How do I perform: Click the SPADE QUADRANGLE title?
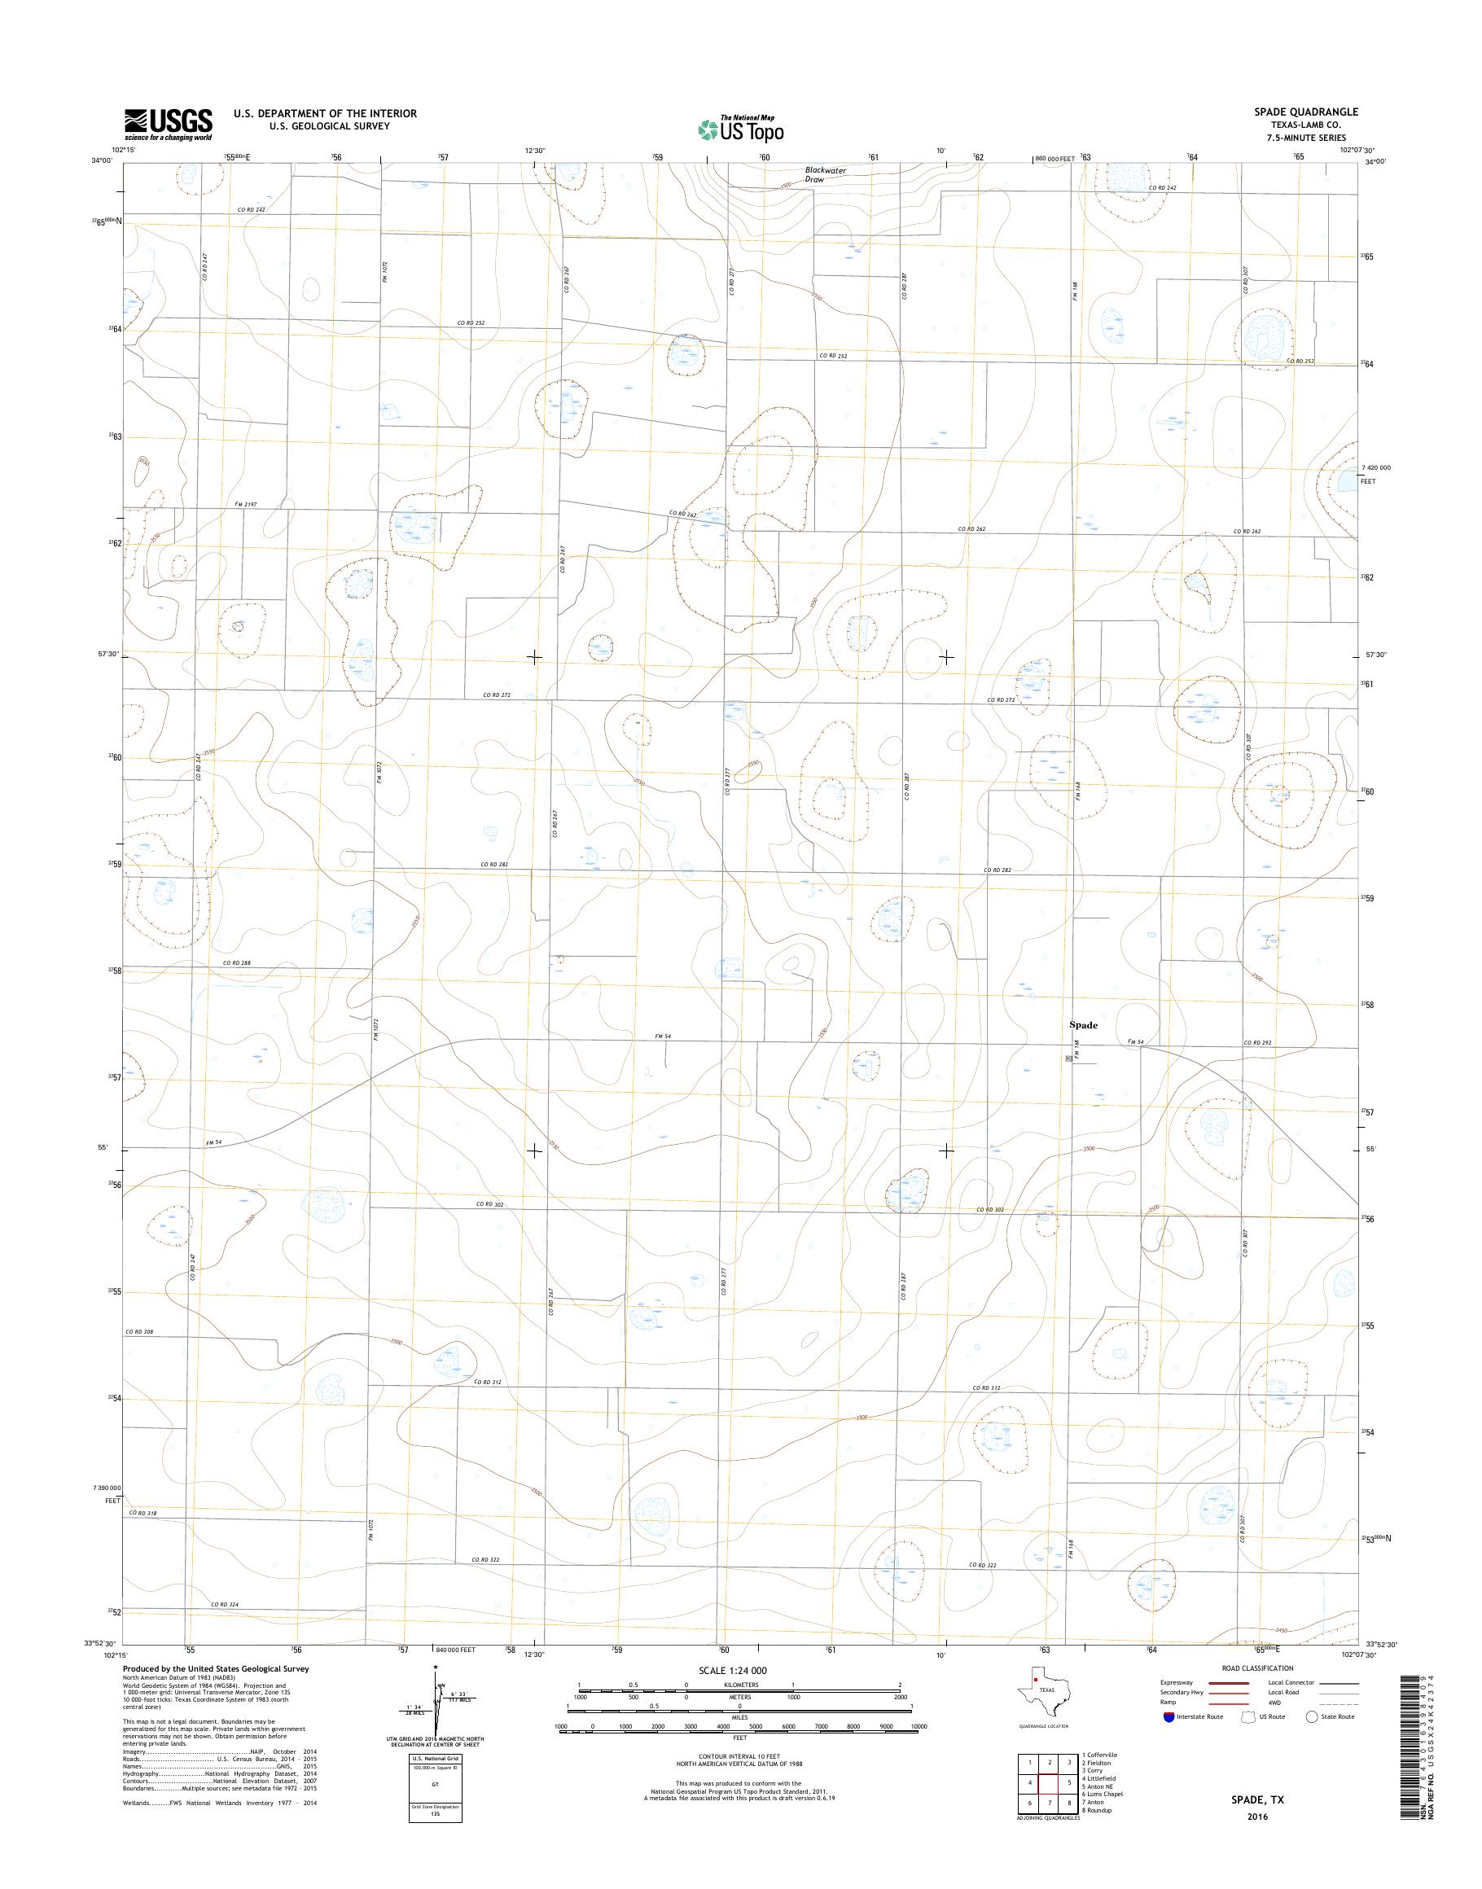pos(1311,112)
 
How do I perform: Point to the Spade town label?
pos(1083,1025)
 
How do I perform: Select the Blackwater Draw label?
pos(824,174)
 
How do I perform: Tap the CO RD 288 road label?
pos(236,963)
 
